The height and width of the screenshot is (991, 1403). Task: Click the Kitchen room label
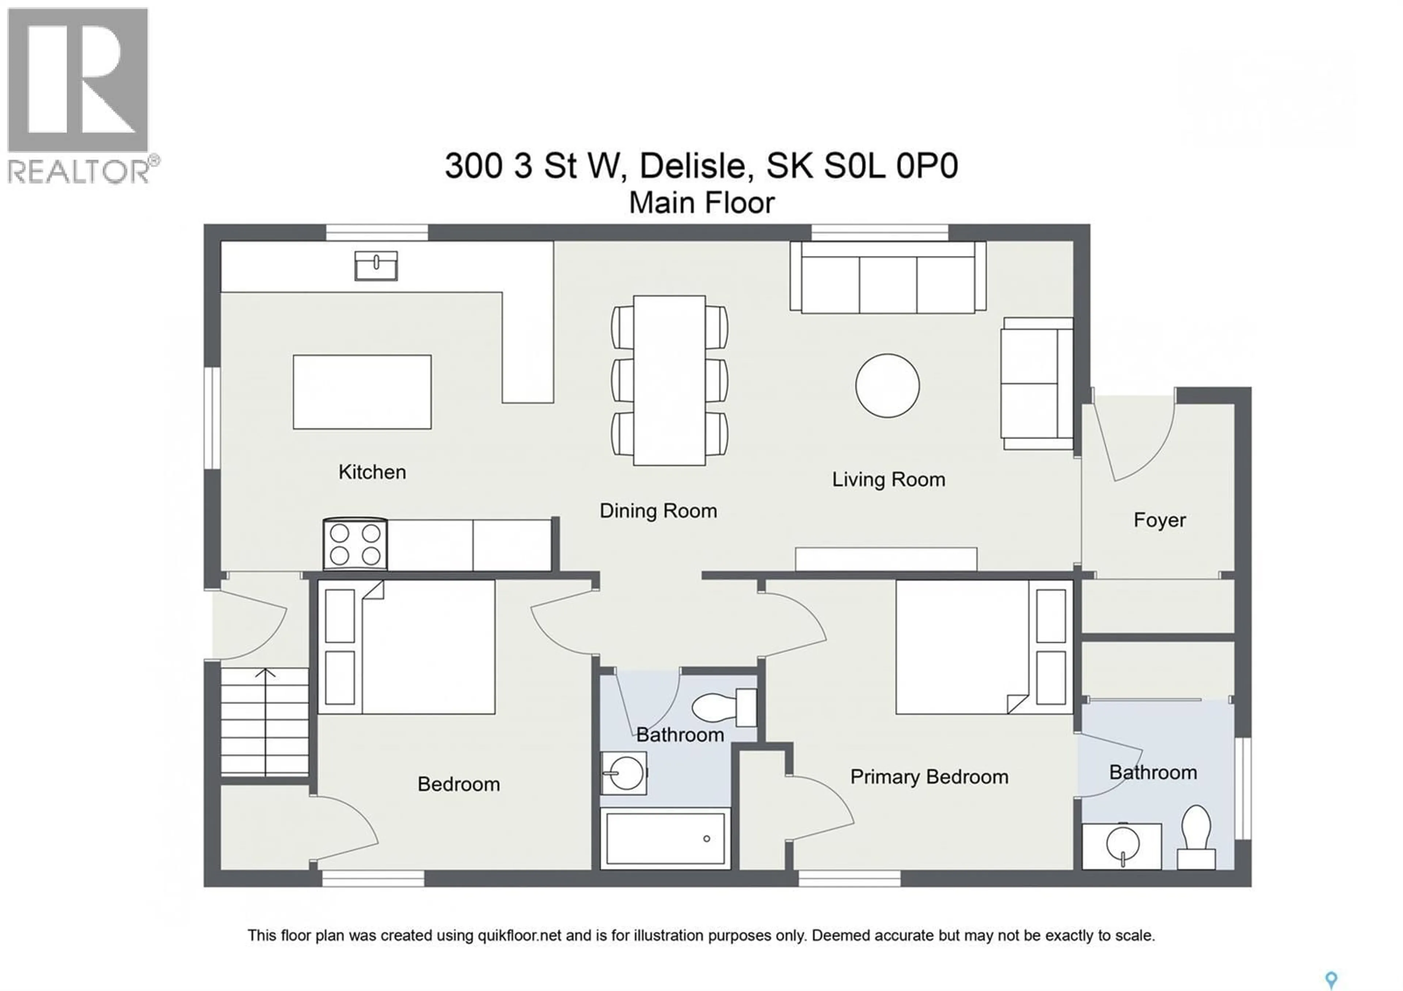372,472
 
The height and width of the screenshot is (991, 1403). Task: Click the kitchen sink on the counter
376,266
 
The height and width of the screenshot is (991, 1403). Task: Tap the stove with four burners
355,544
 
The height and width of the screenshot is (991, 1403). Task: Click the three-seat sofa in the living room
888,277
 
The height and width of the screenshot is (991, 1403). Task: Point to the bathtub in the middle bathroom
665,838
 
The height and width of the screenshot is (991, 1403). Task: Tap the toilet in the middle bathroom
724,707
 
